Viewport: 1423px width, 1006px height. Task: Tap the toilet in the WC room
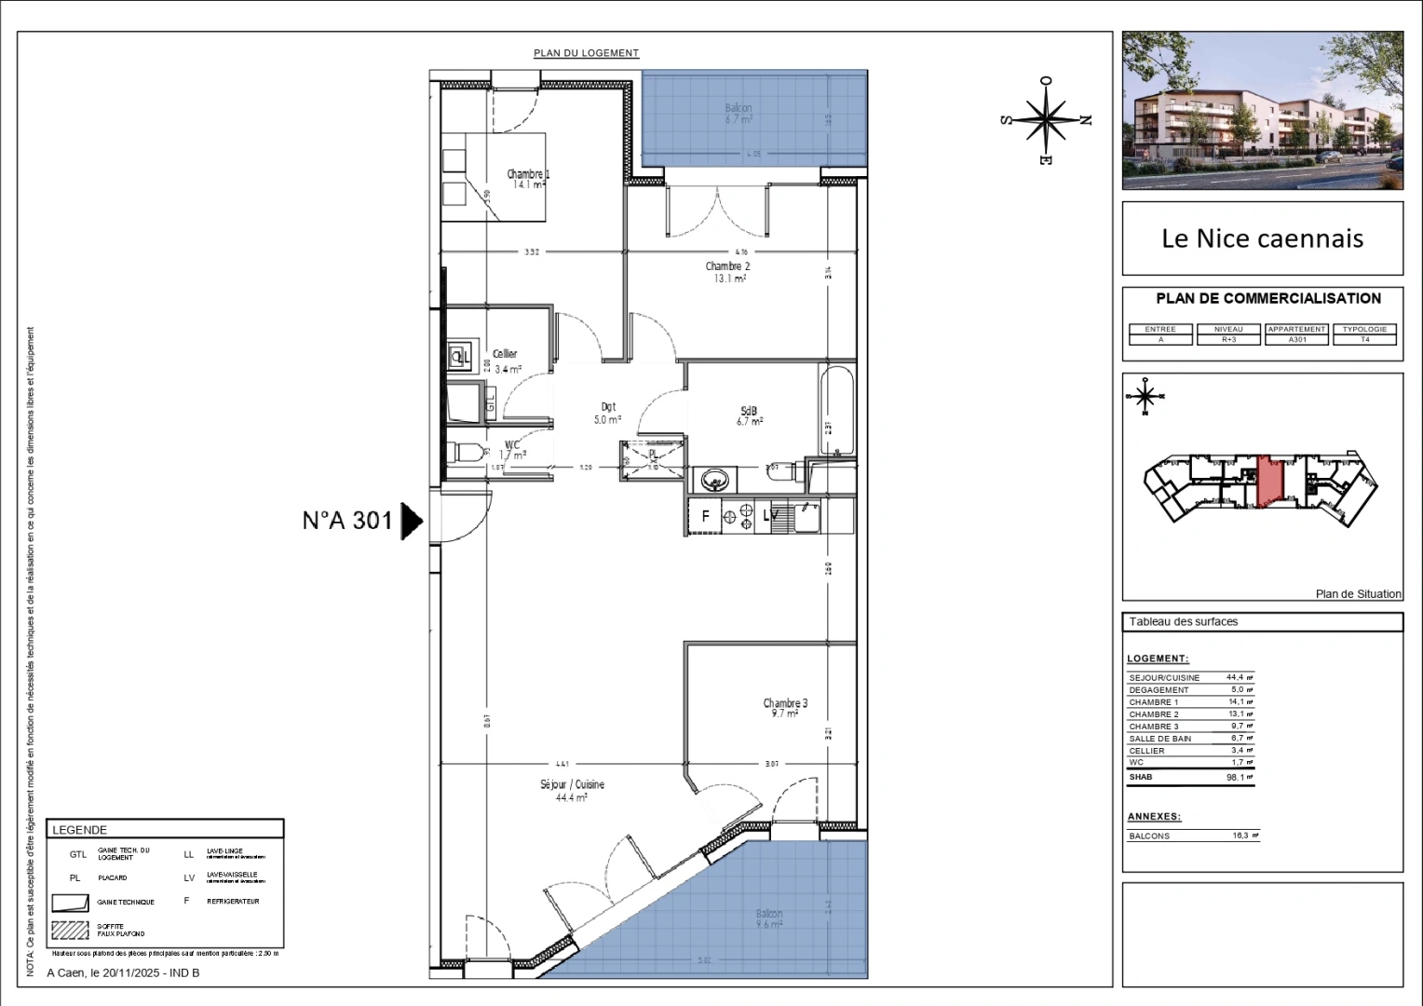coord(465,454)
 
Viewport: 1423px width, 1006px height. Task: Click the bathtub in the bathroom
coord(837,411)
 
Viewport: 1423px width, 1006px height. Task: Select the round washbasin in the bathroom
coord(715,481)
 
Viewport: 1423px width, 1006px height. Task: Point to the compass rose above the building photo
coord(1047,120)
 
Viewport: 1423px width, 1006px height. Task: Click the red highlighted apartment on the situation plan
coord(1268,482)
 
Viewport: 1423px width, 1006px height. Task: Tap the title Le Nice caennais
coord(1262,238)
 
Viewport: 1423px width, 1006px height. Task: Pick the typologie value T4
coord(1364,340)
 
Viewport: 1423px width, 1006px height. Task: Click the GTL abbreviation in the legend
coord(78,854)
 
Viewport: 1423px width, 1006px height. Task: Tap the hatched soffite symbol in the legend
coord(71,929)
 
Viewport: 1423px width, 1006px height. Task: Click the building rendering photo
coord(1262,110)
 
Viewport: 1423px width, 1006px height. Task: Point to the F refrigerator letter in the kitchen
coord(705,516)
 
